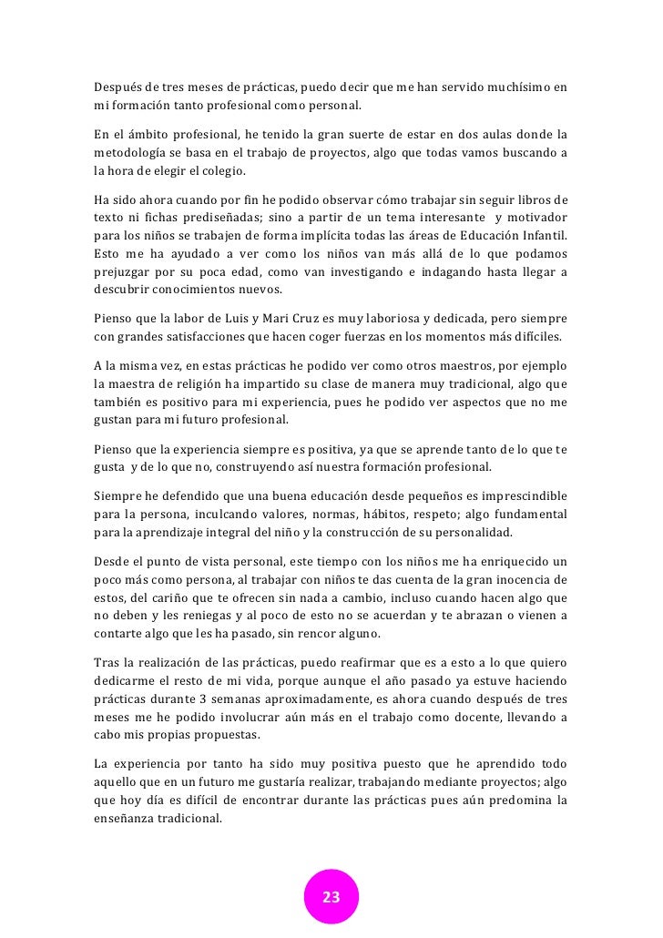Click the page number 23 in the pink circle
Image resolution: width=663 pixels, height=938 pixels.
(x=331, y=897)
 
